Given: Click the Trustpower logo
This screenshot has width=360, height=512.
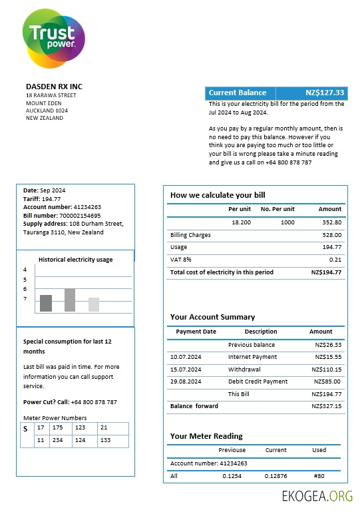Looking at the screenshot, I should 53,39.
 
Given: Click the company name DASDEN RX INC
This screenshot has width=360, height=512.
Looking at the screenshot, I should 54,87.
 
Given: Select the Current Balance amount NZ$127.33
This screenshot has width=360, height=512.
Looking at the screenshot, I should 325,93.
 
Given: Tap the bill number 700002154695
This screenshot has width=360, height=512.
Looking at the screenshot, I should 80,216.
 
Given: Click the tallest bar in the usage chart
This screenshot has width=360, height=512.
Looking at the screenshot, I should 69,300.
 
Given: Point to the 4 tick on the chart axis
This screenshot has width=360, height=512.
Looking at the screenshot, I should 25,270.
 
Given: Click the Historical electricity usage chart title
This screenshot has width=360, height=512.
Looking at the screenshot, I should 75,260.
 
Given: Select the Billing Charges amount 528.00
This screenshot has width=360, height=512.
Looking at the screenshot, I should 331,235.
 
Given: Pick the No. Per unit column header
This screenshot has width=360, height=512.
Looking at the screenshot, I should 277,209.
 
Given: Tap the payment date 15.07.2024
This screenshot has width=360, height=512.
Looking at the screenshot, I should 186,370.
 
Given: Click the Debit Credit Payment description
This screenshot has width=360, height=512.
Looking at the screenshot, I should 258,382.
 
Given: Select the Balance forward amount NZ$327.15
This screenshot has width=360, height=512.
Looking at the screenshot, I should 327,406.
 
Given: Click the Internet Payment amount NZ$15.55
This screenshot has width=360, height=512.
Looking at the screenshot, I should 328,358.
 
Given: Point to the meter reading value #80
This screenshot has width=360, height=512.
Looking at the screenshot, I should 319,476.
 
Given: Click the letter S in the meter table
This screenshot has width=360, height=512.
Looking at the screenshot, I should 25,429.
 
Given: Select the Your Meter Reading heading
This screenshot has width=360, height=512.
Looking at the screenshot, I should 206,436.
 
